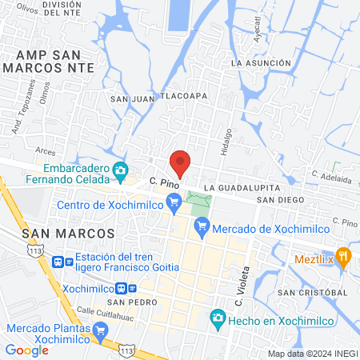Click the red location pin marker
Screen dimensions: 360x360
(x=181, y=162)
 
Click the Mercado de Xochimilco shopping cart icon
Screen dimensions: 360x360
(x=202, y=226)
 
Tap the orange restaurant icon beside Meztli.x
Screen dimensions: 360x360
(x=344, y=256)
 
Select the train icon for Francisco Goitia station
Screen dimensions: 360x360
(x=58, y=262)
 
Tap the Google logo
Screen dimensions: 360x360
(x=27, y=350)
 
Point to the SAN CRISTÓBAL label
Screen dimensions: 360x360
(x=313, y=293)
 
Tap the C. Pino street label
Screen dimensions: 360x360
(x=163, y=183)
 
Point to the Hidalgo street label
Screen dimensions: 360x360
(x=227, y=139)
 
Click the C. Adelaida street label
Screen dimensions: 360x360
(x=331, y=176)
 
